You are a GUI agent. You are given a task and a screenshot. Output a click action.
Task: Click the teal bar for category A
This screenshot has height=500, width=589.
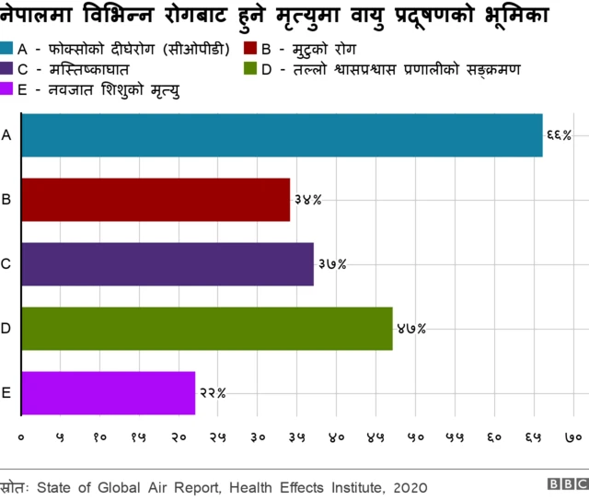(x=281, y=135)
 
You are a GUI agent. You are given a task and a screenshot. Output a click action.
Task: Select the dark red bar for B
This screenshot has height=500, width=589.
(x=155, y=200)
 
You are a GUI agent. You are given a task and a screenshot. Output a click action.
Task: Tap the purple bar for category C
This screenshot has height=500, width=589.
(x=167, y=264)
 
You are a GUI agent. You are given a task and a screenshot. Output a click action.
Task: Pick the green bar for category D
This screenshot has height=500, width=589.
(x=206, y=329)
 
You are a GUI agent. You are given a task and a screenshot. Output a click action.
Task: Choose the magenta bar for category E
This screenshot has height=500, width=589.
(x=108, y=393)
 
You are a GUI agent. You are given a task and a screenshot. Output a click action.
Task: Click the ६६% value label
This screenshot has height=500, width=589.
(x=559, y=135)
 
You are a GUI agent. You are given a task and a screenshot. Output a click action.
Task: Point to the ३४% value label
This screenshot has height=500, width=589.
(x=307, y=200)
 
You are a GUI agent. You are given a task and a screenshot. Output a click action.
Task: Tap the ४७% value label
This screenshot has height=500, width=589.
(x=410, y=329)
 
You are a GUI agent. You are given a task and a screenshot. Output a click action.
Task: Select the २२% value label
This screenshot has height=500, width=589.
(x=213, y=393)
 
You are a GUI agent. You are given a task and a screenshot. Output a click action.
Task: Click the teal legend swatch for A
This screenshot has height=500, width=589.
(x=8, y=48)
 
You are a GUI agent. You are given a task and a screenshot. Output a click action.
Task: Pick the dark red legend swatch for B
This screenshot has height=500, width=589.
(x=249, y=48)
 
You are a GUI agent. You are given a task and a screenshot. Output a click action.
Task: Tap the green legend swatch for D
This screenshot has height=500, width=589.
(x=249, y=69)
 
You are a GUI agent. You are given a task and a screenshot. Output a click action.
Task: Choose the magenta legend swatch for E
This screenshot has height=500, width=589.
(x=8, y=89)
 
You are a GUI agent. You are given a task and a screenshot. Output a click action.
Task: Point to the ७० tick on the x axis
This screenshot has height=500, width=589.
(x=572, y=436)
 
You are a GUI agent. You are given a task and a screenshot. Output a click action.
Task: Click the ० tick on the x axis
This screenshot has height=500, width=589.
(x=21, y=436)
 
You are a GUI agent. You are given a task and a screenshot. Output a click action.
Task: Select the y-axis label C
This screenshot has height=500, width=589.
(x=6, y=264)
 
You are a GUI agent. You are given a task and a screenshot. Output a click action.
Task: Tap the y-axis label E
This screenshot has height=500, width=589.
(x=6, y=393)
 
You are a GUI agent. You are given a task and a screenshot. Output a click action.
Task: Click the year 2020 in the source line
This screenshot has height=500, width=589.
(x=410, y=485)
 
